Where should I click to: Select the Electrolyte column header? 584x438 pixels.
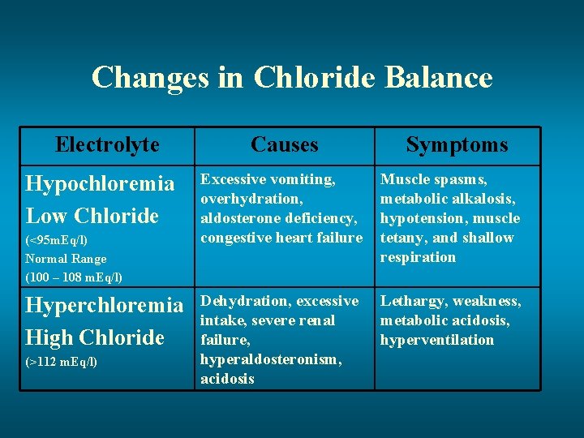click(x=107, y=145)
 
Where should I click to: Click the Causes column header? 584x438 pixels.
click(x=284, y=145)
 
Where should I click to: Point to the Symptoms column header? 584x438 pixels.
click(x=457, y=145)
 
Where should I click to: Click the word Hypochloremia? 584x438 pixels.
click(x=100, y=184)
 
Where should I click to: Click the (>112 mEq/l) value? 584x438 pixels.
click(x=62, y=362)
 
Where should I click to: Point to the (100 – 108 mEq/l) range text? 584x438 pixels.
click(x=74, y=277)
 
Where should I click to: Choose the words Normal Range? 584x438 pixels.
click(x=66, y=259)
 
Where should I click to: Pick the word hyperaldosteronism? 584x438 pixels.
click(x=271, y=359)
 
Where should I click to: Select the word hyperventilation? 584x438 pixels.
click(x=437, y=340)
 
